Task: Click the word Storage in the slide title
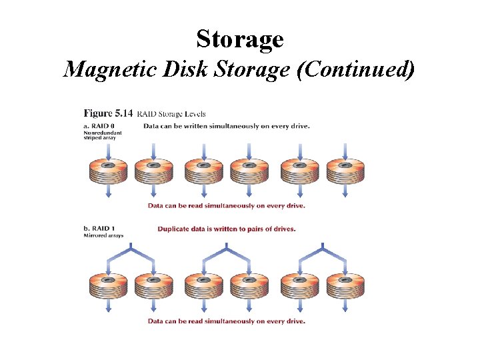tap(240, 39)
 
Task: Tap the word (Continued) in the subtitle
tap(357, 69)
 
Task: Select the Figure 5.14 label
tap(107, 114)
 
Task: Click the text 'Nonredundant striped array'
tap(101, 135)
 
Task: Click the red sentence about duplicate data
tap(227, 229)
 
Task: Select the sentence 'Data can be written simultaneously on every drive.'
tap(227, 126)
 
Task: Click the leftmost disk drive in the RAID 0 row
tap(107, 173)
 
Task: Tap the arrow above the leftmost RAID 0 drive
tap(107, 150)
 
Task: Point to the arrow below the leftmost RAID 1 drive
tap(107, 307)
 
